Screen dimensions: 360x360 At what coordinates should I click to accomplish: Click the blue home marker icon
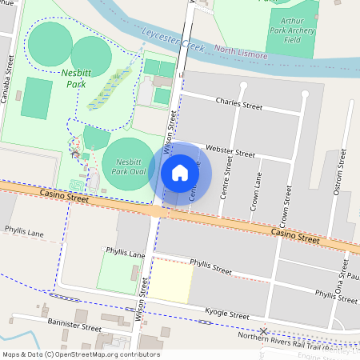[180, 173]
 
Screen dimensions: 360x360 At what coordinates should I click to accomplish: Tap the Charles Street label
[239, 104]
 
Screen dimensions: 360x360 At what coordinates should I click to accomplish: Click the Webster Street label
[230, 150]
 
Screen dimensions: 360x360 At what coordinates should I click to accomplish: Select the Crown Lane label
[257, 195]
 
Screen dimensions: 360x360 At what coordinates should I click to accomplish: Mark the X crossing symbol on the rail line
[263, 331]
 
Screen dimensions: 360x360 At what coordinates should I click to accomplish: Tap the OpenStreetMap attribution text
[80, 354]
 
